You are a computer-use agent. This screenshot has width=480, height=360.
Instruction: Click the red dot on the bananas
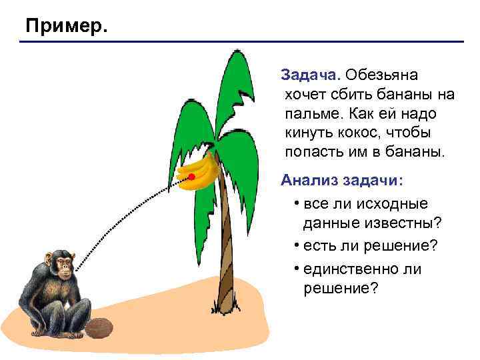191,176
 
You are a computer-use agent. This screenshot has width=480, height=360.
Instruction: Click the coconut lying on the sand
101,327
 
